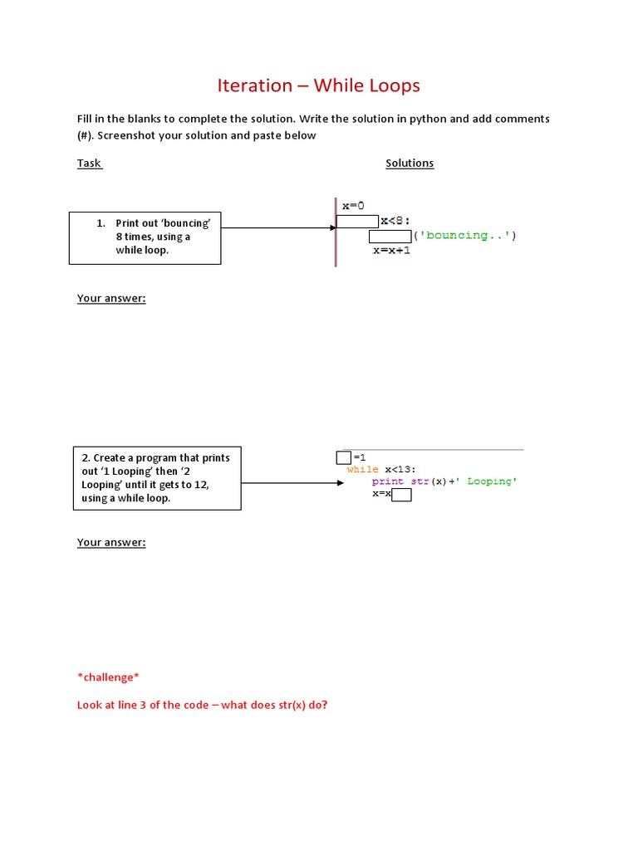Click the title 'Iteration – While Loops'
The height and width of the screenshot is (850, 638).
click(x=318, y=85)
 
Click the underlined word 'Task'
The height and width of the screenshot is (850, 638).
click(x=89, y=163)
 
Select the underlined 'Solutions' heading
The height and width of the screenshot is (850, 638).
click(x=410, y=163)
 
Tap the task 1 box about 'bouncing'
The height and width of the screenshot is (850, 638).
click(x=145, y=237)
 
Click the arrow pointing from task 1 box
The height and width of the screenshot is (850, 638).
click(x=278, y=227)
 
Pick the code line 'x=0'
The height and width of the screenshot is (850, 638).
click(x=353, y=205)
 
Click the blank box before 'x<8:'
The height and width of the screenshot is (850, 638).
click(x=357, y=221)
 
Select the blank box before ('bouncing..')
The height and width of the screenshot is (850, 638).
click(x=390, y=236)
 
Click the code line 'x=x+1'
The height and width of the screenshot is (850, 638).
click(x=392, y=250)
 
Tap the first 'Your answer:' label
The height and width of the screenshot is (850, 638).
click(x=111, y=298)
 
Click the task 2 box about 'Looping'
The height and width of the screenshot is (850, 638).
click(x=157, y=478)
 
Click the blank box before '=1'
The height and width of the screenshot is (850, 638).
click(x=344, y=457)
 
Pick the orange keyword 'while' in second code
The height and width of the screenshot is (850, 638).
click(x=362, y=469)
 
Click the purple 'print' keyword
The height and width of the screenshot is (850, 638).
click(x=388, y=481)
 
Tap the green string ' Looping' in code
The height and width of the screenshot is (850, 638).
click(x=489, y=481)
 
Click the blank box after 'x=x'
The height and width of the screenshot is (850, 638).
click(x=402, y=495)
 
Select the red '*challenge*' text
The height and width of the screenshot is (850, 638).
click(x=107, y=677)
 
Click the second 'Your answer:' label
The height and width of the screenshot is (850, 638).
click(x=111, y=542)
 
